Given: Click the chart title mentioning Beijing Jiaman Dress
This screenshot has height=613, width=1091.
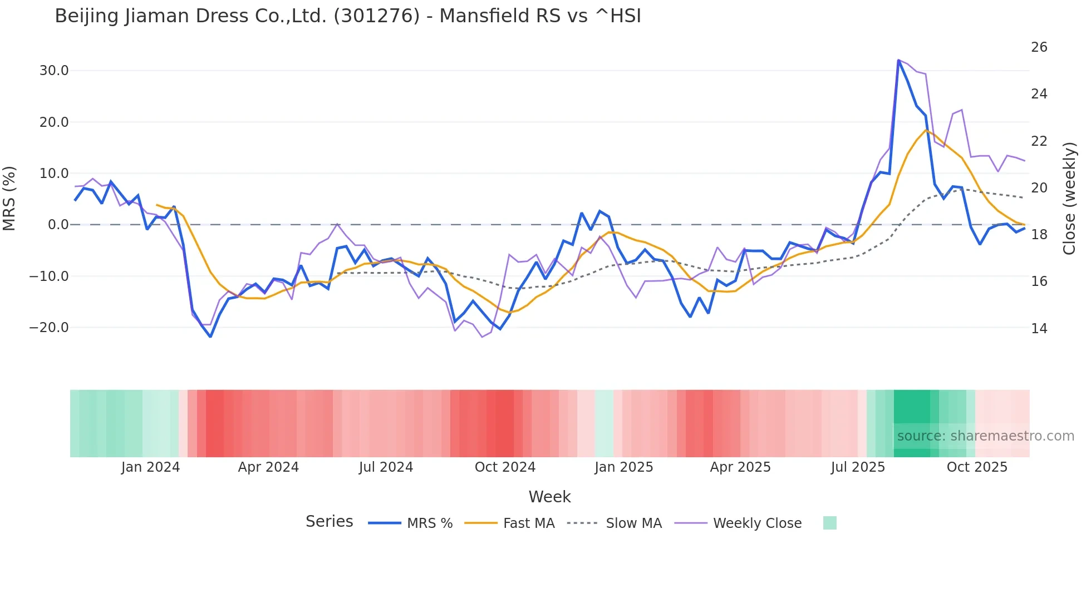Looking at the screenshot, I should pyautogui.click(x=348, y=16).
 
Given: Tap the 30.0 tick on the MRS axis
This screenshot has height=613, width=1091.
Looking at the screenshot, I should pyautogui.click(x=54, y=71).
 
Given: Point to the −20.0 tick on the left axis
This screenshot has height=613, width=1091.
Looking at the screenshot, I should pyautogui.click(x=49, y=328).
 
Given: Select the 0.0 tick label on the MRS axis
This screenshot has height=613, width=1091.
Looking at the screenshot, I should pyautogui.click(x=58, y=225).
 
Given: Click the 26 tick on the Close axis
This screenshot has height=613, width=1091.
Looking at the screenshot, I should pyautogui.click(x=1039, y=47).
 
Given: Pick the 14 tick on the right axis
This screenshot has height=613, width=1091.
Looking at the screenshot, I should pyautogui.click(x=1039, y=329).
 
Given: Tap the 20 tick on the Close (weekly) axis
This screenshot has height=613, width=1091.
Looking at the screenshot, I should pyautogui.click(x=1039, y=188).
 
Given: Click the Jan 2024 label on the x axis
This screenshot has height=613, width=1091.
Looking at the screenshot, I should pyautogui.click(x=150, y=467).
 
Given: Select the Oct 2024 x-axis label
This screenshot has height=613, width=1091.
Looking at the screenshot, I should pyautogui.click(x=505, y=467).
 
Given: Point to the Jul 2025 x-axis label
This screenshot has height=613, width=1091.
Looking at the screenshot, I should pyautogui.click(x=858, y=467).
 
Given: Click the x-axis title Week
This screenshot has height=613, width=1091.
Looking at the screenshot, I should pyautogui.click(x=549, y=497).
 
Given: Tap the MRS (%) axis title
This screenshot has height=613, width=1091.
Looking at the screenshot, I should pyautogui.click(x=9, y=198).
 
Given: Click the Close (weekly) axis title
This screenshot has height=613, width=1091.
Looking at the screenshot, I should pyautogui.click(x=1069, y=199).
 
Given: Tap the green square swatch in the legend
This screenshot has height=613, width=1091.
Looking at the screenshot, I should pyautogui.click(x=829, y=523).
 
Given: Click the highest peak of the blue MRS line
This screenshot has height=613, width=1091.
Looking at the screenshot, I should pyautogui.click(x=898, y=60).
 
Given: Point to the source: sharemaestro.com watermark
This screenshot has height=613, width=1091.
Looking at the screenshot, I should pyautogui.click(x=985, y=436).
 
